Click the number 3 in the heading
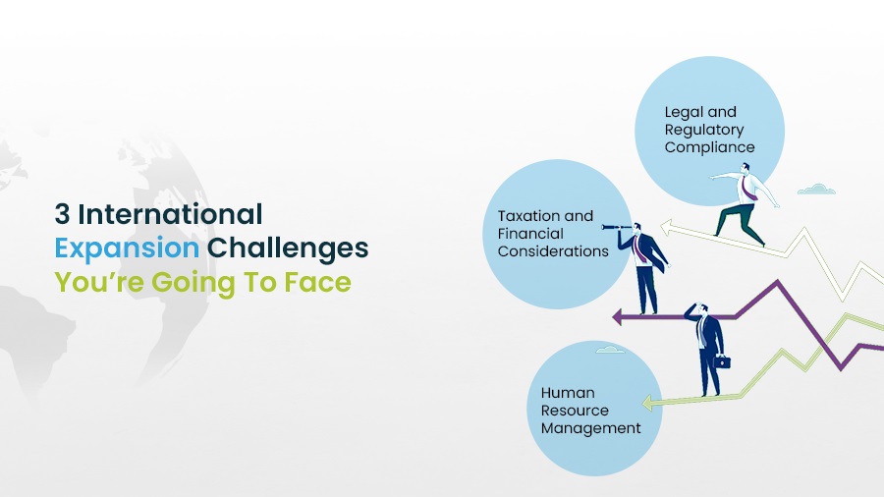pyautogui.click(x=62, y=213)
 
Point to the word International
pyautogui.click(x=171, y=213)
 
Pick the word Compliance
pyautogui.click(x=709, y=147)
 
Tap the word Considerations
pyautogui.click(x=553, y=251)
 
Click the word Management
pyautogui.click(x=590, y=428)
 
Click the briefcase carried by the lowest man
pyautogui.click(x=721, y=362)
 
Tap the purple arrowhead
pyautogui.click(x=620, y=316)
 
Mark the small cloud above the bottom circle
pyautogui.click(x=610, y=350)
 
